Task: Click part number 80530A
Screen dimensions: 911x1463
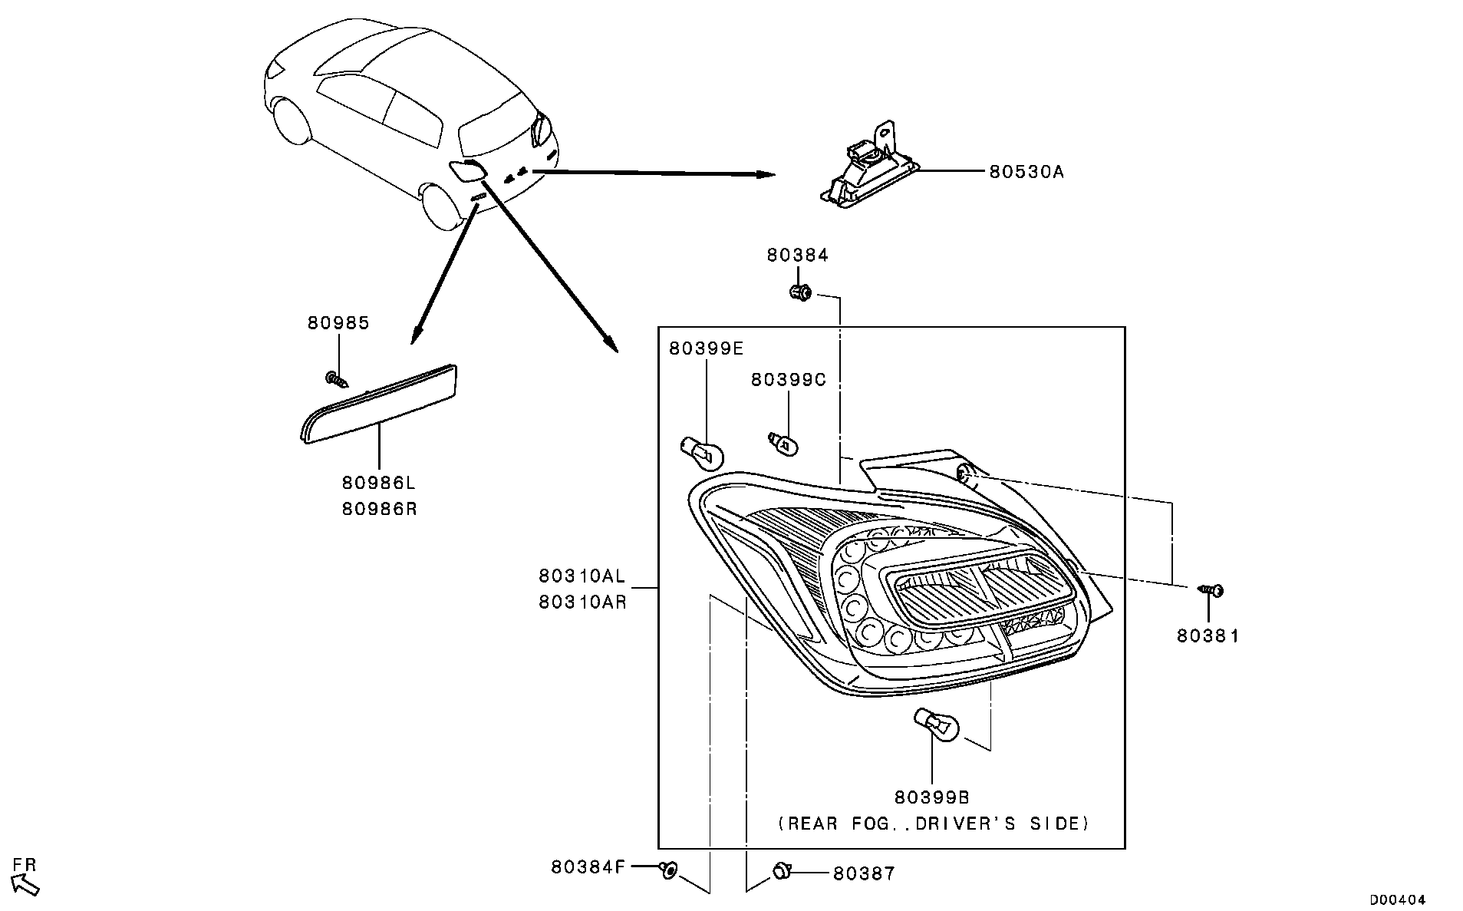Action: pyautogui.click(x=1026, y=172)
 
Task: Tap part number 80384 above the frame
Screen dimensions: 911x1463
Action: pyautogui.click(x=797, y=256)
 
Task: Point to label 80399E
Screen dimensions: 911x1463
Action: pyautogui.click(x=706, y=348)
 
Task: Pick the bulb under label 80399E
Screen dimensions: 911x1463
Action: pyautogui.click(x=703, y=453)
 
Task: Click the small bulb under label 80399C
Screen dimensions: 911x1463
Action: pyautogui.click(x=783, y=443)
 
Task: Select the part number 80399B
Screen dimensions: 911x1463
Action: pyautogui.click(x=931, y=798)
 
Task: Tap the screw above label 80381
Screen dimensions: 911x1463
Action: pyautogui.click(x=1211, y=590)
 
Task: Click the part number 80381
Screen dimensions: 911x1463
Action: pyautogui.click(x=1208, y=635)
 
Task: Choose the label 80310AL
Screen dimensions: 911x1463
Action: pyautogui.click(x=582, y=576)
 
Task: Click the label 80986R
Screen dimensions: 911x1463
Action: pyautogui.click(x=379, y=508)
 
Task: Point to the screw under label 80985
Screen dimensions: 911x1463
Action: pyautogui.click(x=336, y=379)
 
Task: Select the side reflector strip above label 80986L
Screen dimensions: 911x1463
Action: pyautogui.click(x=381, y=404)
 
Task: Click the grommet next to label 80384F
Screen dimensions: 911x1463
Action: pyautogui.click(x=669, y=869)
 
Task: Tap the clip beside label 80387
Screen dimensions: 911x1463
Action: pyautogui.click(x=781, y=871)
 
